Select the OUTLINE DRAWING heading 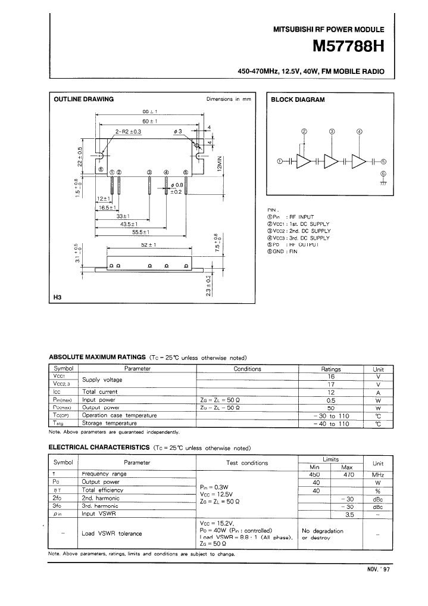point(83,100)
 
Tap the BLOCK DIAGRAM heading point(298,100)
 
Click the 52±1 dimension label point(148,245)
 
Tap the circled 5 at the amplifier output point(383,161)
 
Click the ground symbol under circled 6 point(383,181)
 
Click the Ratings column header point(330,369)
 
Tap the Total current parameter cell point(99,391)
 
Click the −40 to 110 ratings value point(330,423)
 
